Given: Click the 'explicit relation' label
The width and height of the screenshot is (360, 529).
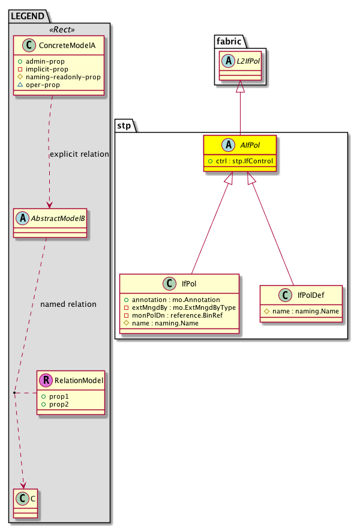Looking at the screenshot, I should [79, 154].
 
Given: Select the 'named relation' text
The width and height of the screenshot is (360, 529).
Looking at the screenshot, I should [68, 304].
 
